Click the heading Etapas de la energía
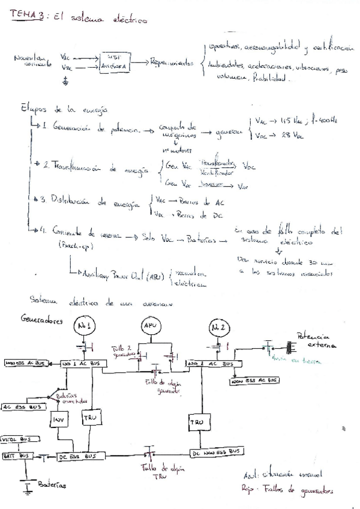tap(63, 109)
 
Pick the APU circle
tap(149, 325)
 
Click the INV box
tap(58, 418)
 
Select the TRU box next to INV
tap(90, 417)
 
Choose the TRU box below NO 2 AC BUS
tap(198, 422)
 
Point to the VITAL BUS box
tap(17, 439)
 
